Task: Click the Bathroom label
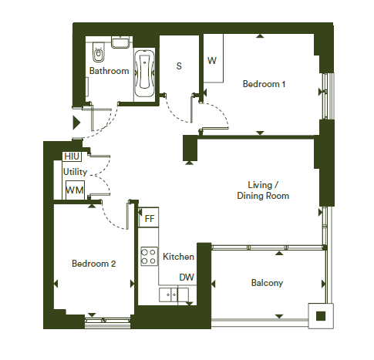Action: point(109,71)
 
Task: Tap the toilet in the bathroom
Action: point(98,52)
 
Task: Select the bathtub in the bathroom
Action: point(144,74)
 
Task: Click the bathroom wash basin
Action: point(120,42)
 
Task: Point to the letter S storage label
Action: point(179,66)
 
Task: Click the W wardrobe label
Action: point(212,61)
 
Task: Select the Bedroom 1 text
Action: point(264,84)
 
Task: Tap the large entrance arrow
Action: point(76,123)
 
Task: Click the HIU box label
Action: point(72,156)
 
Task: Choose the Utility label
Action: point(75,172)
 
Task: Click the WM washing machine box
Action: point(75,190)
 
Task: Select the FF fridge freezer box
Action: point(149,217)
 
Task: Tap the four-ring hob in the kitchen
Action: point(149,256)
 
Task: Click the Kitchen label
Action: point(178,257)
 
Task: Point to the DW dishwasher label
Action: point(187,278)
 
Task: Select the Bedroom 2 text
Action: point(94,264)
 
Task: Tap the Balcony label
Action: point(267,283)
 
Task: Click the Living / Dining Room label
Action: point(263,190)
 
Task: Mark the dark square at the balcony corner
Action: point(321,316)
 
